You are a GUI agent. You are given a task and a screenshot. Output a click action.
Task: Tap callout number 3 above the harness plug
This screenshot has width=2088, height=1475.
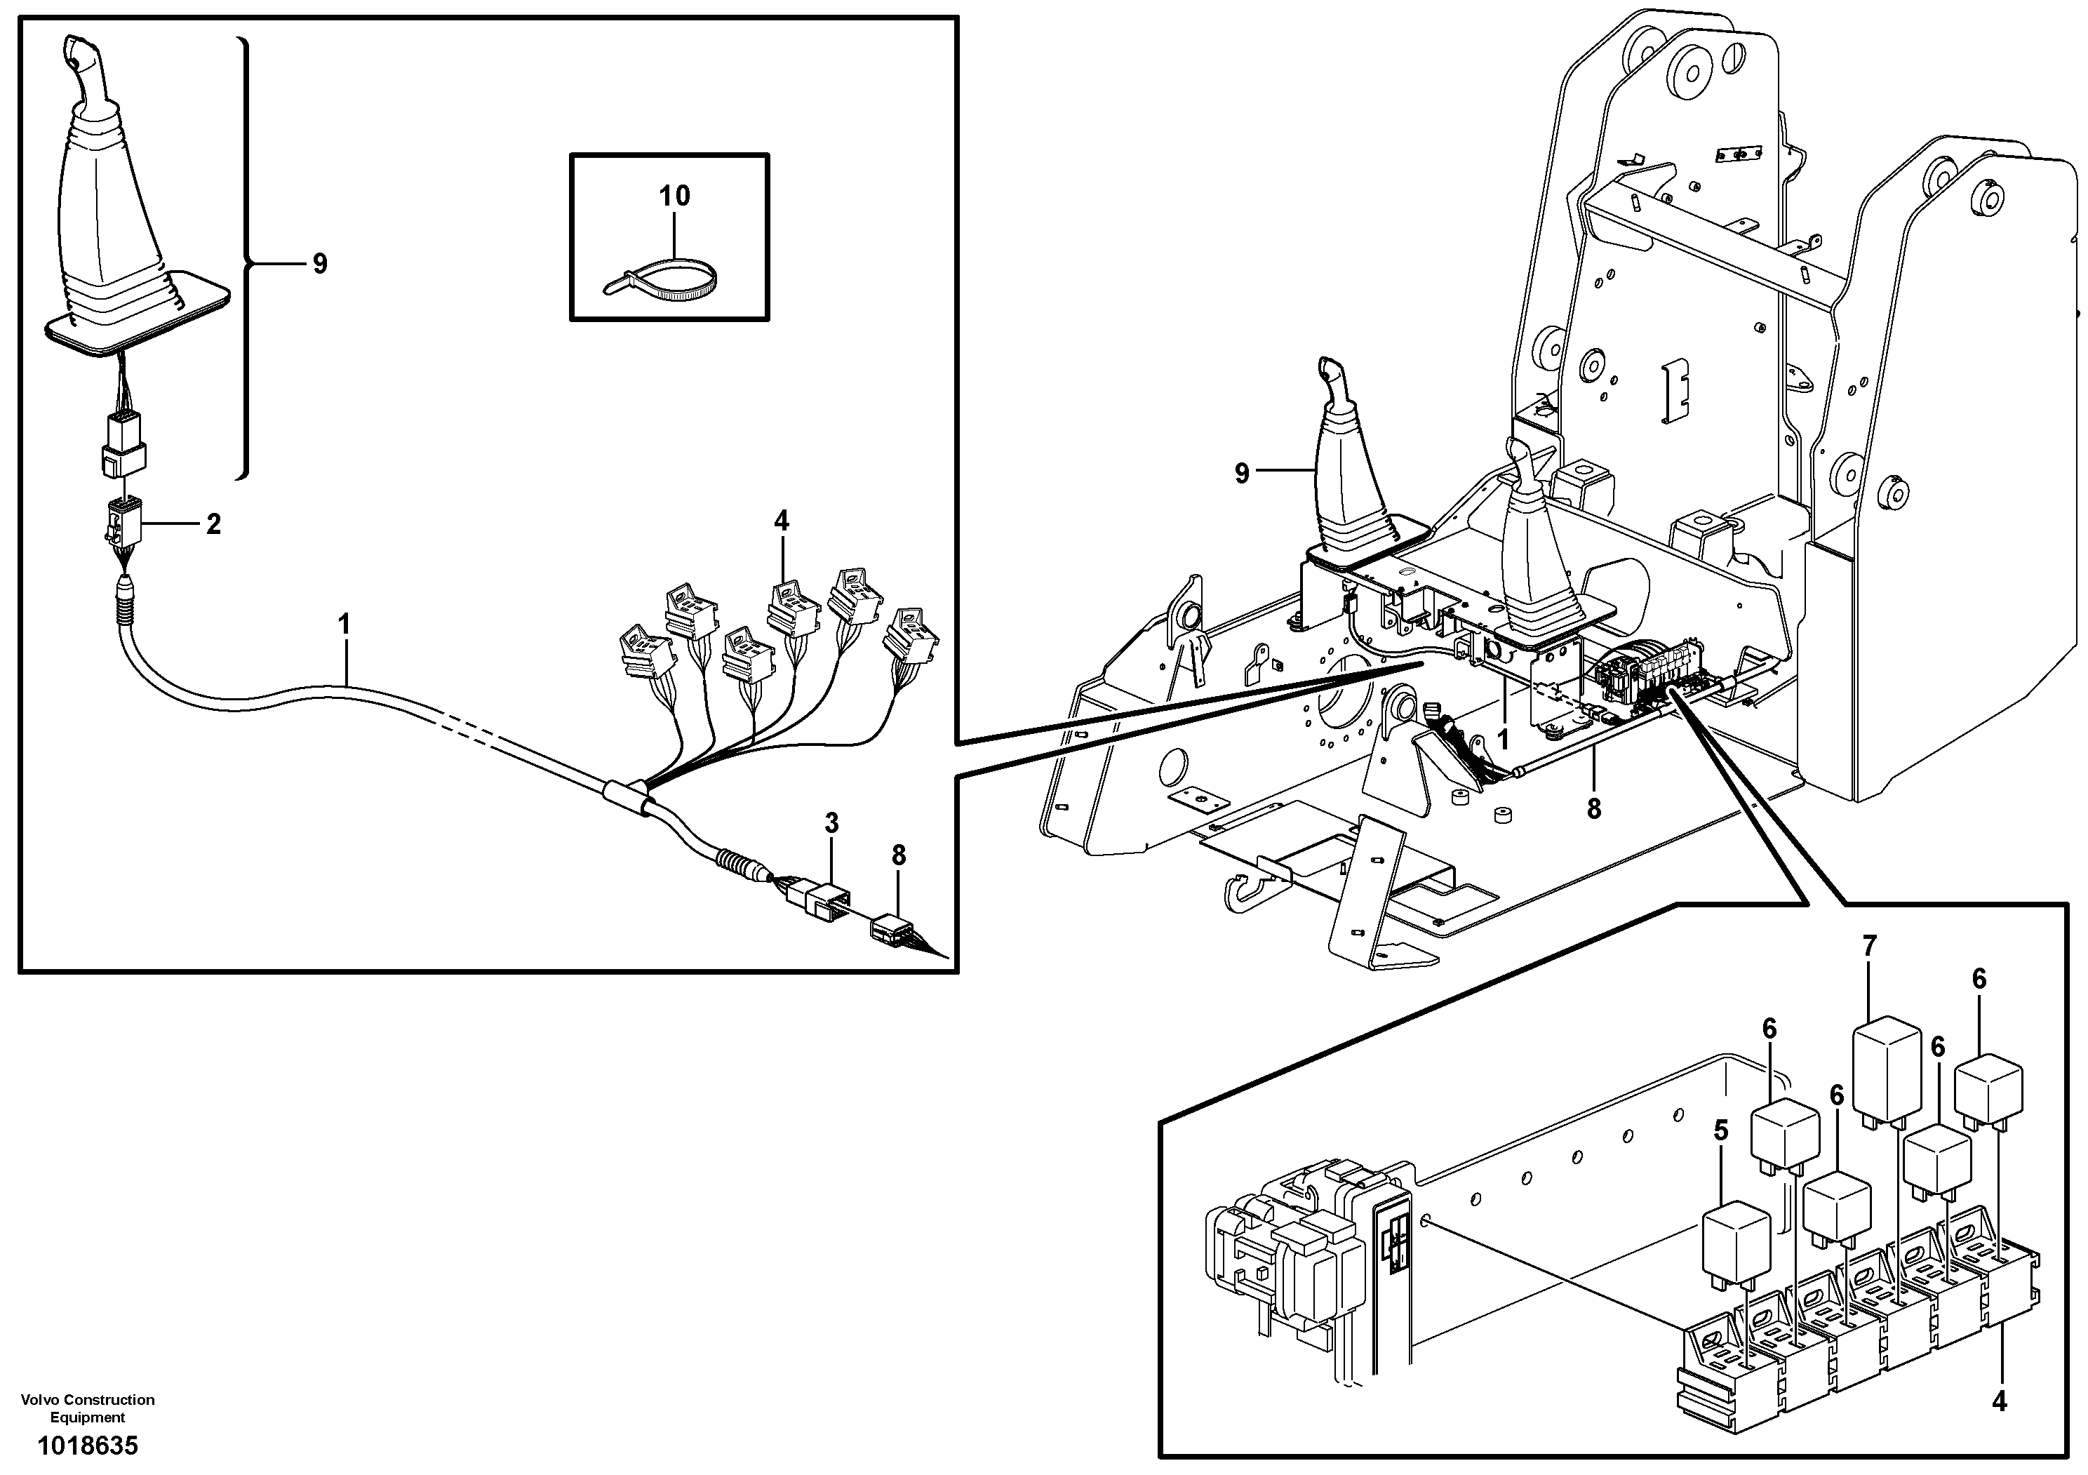[x=831, y=823]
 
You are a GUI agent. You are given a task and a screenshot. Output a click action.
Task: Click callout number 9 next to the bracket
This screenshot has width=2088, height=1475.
[x=319, y=264]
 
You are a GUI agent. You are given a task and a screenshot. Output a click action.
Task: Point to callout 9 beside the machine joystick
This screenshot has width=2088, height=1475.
[x=1241, y=473]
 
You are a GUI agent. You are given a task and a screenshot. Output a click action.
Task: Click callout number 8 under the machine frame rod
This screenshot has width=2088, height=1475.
[x=1593, y=808]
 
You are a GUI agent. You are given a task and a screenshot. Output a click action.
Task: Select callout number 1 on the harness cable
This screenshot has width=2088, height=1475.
[x=344, y=624]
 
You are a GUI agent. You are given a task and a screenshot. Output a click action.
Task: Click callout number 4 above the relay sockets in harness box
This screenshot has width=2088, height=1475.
[x=781, y=521]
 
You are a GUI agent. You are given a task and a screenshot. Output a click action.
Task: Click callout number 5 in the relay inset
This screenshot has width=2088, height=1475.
[x=1720, y=1130]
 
